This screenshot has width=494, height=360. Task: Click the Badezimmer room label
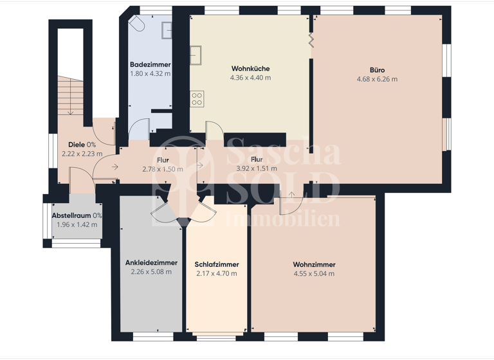tap(150, 64)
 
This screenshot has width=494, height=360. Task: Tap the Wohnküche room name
tap(250, 69)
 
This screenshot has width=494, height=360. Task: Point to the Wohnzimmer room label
tap(314, 265)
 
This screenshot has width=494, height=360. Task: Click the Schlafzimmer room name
tap(217, 265)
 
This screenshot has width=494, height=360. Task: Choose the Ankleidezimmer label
tap(151, 263)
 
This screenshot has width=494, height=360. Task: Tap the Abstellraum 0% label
tap(77, 216)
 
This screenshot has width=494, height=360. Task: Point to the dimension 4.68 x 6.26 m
tap(377, 80)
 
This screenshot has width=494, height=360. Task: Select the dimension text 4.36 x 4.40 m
tap(250, 78)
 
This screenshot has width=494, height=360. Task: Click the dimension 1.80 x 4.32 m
tap(150, 73)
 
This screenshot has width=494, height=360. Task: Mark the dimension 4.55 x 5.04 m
tap(314, 274)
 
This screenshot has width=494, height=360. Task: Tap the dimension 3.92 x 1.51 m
tap(257, 168)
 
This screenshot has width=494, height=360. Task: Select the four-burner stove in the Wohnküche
tap(197, 99)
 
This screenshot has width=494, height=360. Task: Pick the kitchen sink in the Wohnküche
tap(196, 53)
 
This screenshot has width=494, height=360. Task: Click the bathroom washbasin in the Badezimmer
tap(167, 30)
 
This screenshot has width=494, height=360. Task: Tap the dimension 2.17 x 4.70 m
tap(217, 274)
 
